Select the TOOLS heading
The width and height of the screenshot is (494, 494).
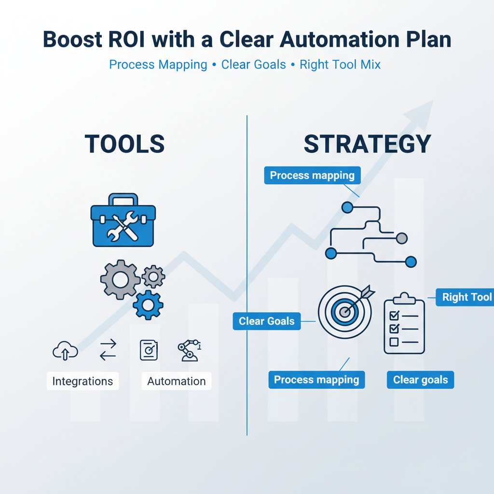point(124,144)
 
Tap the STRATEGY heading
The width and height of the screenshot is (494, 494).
point(367,144)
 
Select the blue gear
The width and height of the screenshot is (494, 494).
point(148,304)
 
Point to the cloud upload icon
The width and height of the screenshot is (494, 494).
point(65,350)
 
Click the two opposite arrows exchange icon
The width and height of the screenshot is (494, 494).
point(108,350)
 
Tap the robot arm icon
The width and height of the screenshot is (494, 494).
point(188,350)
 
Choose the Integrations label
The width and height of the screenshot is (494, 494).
point(82,381)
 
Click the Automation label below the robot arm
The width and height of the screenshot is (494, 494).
point(177,381)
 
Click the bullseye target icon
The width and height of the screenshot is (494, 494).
point(344,311)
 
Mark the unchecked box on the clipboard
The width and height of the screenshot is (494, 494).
point(394,342)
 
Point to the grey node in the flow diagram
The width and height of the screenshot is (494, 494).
point(401,238)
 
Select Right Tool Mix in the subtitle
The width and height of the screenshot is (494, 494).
point(340,65)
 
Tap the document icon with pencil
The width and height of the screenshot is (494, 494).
point(149,350)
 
